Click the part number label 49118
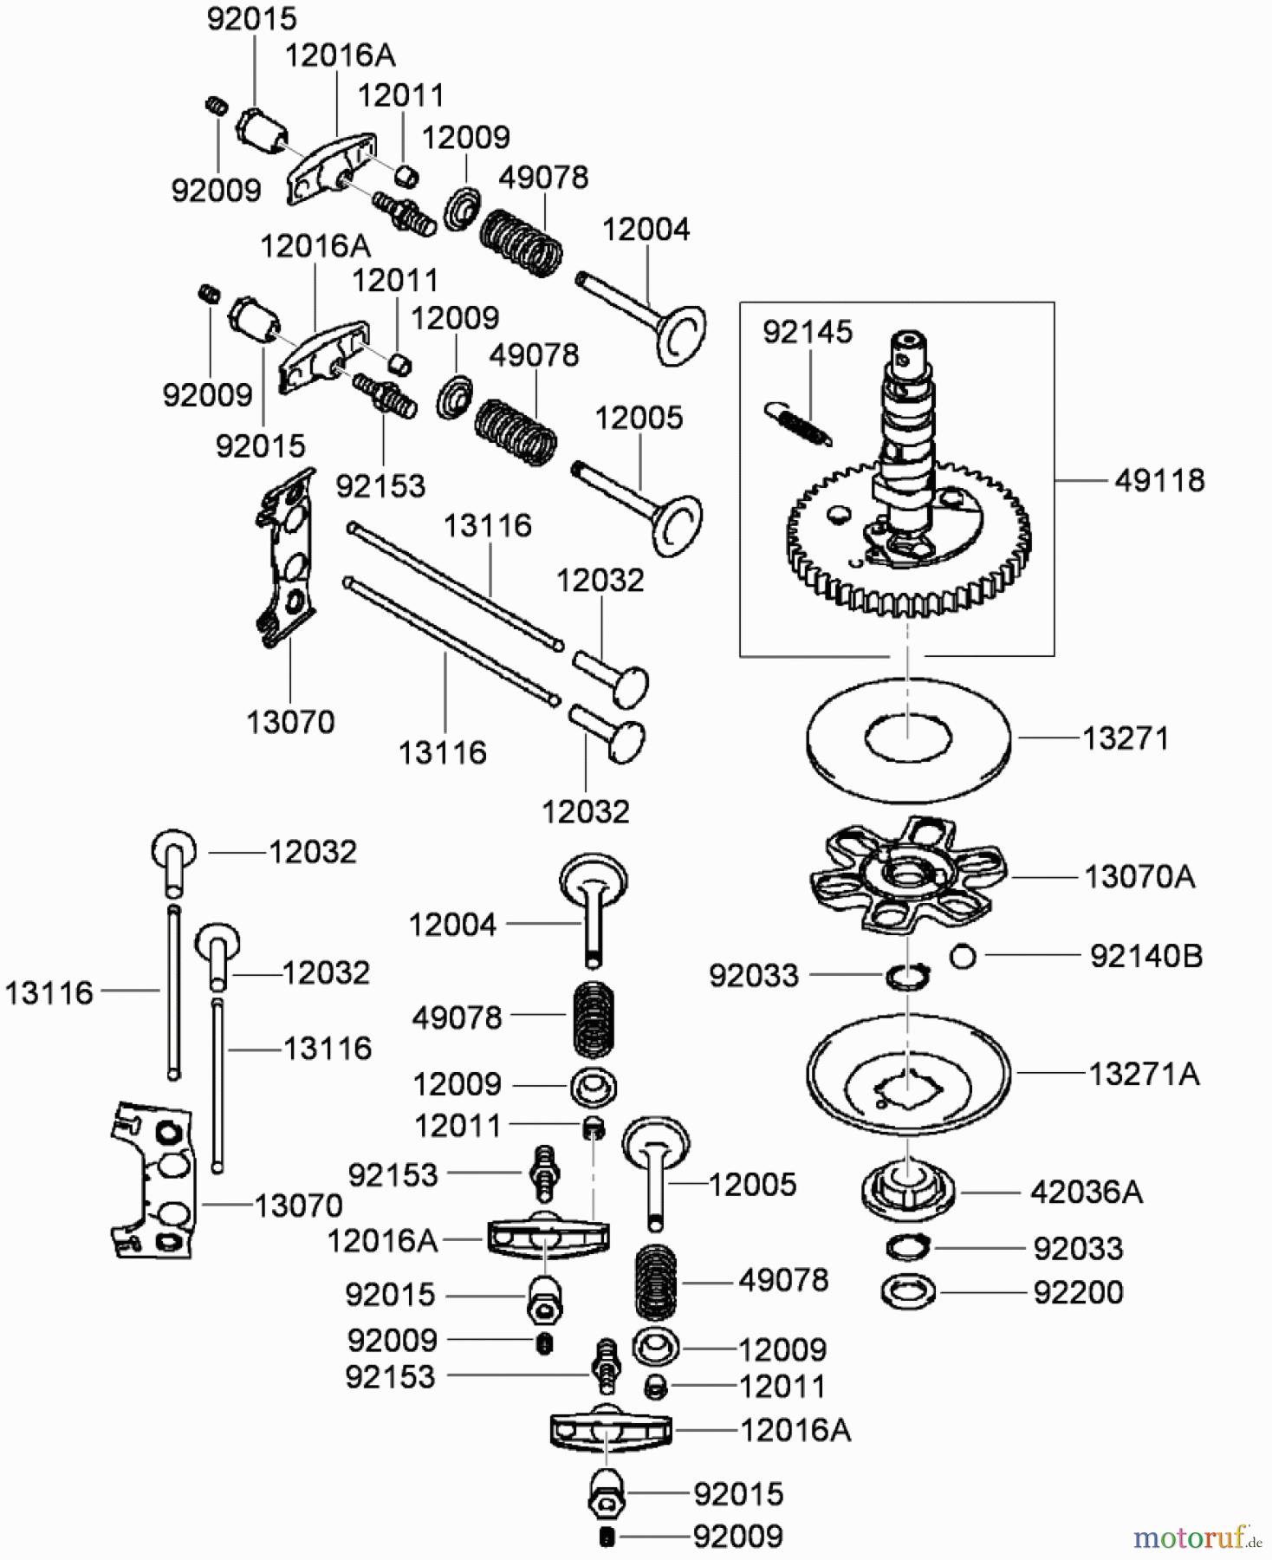click(x=1158, y=480)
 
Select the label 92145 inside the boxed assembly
click(x=807, y=332)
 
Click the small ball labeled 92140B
click(x=963, y=957)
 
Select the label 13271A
click(x=1143, y=1075)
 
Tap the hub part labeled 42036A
click(x=907, y=1191)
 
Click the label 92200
click(x=1077, y=1292)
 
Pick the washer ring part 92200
click(x=907, y=1292)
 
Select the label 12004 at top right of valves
click(x=646, y=230)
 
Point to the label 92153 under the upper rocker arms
click(x=380, y=486)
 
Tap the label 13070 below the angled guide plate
click(x=290, y=722)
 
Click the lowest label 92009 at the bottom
click(x=737, y=1537)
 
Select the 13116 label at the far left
click(x=49, y=992)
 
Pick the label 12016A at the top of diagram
click(x=340, y=55)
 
